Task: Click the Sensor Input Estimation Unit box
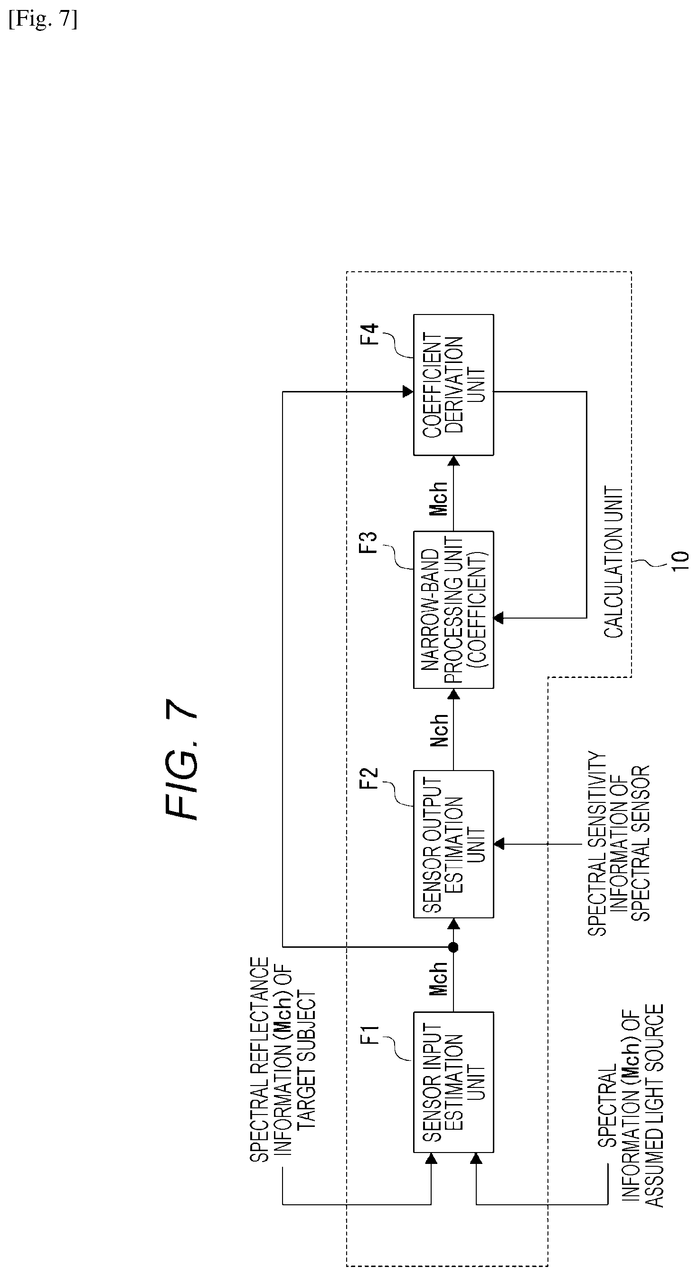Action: click(x=453, y=1082)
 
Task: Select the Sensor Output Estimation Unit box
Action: click(x=453, y=844)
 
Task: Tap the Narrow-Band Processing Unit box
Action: click(x=453, y=610)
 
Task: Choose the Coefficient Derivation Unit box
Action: click(x=453, y=385)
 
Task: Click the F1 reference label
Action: click(x=371, y=1035)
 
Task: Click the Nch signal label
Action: click(x=439, y=730)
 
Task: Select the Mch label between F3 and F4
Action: click(x=439, y=498)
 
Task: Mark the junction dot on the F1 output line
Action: click(x=453, y=947)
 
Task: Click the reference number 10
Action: click(x=680, y=561)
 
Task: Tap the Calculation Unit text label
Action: click(x=613, y=562)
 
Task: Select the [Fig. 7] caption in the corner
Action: click(x=43, y=20)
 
